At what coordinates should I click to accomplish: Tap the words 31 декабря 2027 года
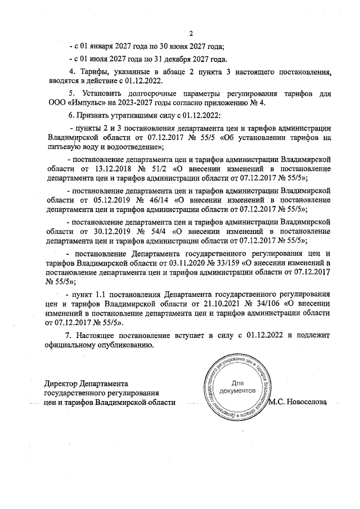[193, 59]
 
